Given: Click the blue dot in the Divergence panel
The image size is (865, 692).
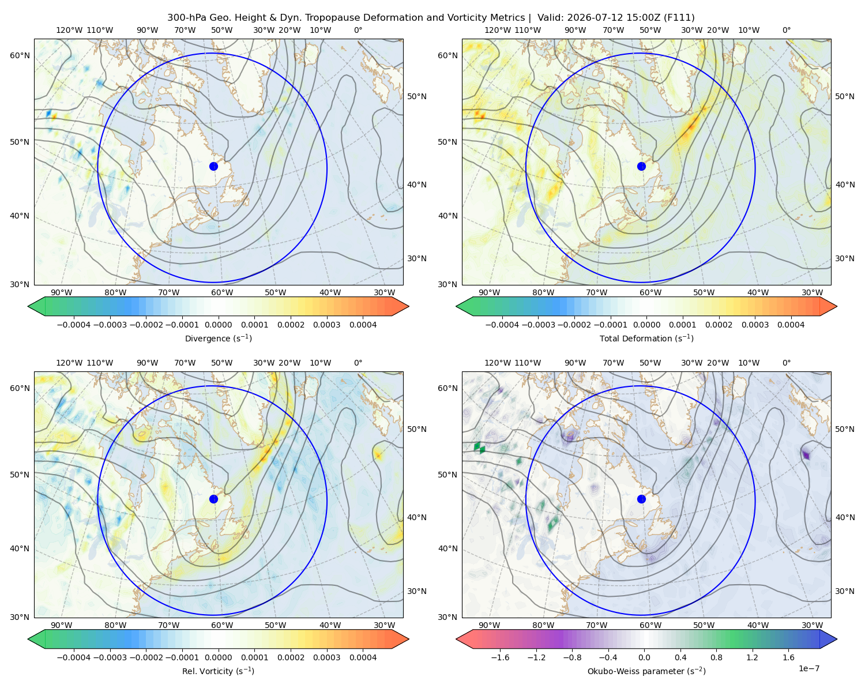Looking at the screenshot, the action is [213, 166].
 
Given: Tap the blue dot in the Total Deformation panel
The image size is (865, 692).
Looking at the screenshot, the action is [641, 166].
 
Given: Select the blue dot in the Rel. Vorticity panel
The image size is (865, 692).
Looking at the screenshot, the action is [213, 499].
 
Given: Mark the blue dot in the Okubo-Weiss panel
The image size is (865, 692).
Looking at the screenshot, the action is [641, 499].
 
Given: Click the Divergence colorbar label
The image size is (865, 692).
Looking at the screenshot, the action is [218, 338].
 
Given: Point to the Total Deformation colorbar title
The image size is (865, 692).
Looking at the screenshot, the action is [646, 338].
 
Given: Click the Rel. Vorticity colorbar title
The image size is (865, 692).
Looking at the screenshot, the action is [218, 671].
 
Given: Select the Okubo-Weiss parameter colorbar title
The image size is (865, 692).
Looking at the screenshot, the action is [646, 671].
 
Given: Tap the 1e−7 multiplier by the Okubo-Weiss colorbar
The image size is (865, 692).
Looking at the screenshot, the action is [808, 668].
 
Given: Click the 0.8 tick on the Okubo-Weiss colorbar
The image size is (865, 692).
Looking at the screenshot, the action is [716, 657].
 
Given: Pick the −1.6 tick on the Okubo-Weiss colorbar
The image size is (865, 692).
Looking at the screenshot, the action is [500, 657].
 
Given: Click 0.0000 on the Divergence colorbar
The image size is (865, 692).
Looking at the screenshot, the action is [218, 325].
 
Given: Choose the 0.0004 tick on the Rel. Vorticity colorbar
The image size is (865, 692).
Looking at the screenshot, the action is [363, 657].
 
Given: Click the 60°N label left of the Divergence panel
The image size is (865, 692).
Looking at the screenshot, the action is [20, 55].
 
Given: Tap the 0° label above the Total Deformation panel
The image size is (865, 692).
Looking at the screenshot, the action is [786, 30].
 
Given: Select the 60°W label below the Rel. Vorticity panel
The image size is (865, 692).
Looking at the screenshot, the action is [222, 625].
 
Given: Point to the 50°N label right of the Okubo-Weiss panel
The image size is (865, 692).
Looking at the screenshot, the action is [844, 429].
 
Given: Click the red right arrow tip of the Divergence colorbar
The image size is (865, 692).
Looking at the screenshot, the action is [408, 306].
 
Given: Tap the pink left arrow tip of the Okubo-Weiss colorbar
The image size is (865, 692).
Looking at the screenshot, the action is [457, 639].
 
